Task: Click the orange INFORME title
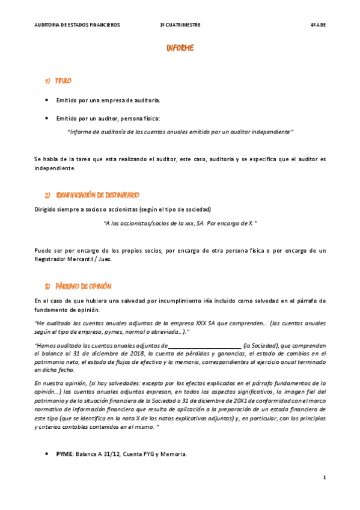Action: pos(180,48)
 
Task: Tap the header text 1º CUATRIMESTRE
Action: pos(180,25)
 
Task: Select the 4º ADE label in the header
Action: pos(318,25)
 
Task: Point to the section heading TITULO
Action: pos(63,81)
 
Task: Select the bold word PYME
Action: pos(64,454)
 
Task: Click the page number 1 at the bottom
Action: pos(324,478)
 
